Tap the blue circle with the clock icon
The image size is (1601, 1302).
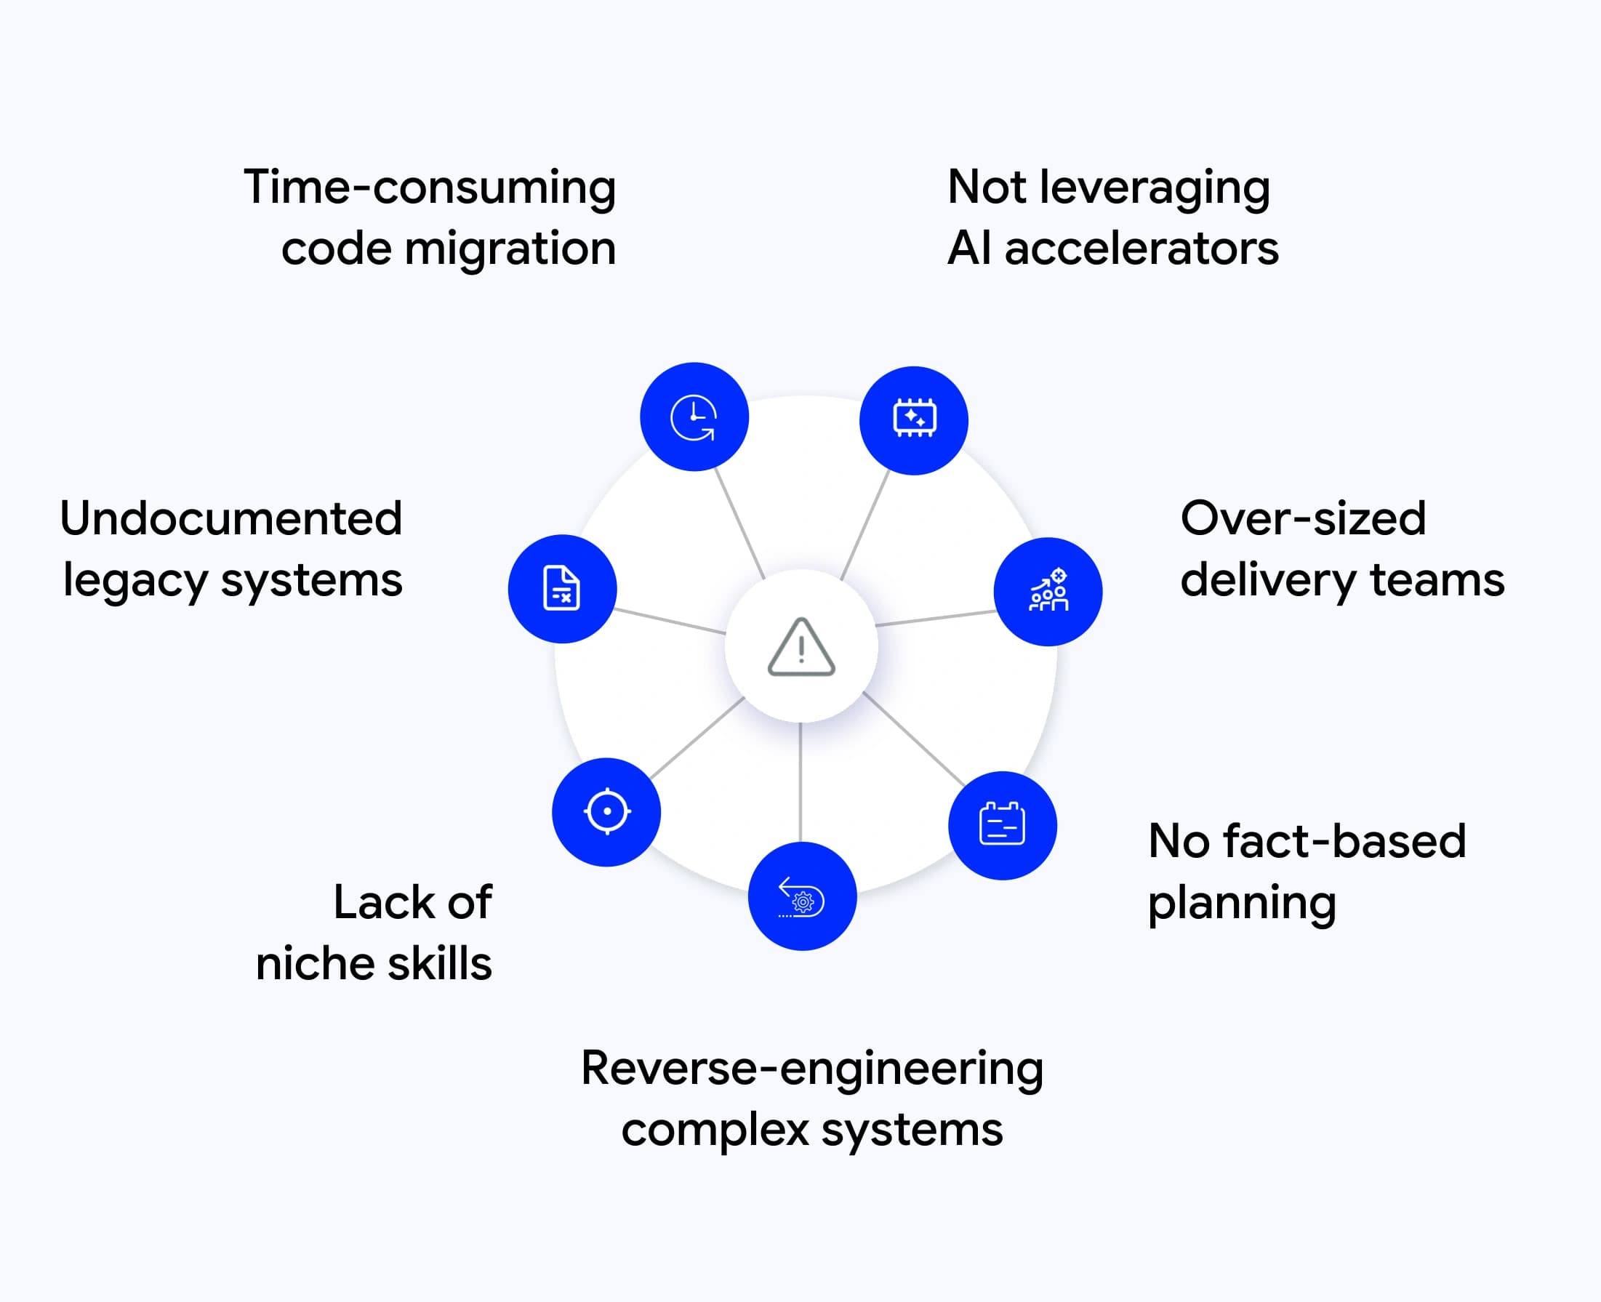(694, 417)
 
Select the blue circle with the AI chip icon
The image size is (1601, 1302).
(914, 420)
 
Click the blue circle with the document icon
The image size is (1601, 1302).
(562, 589)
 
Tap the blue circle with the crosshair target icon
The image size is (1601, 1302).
(606, 811)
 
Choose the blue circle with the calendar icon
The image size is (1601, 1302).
(1003, 825)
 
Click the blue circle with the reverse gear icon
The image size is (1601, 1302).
(802, 896)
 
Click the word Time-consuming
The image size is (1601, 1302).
(429, 188)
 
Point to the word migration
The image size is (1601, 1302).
(510, 249)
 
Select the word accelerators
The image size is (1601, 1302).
(1141, 249)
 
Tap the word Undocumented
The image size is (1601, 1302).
(231, 519)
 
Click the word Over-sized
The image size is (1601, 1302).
(1303, 519)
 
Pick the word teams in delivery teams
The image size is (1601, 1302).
(1437, 581)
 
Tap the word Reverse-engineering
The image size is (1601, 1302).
(811, 1069)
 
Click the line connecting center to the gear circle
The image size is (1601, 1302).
(800, 781)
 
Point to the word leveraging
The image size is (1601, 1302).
(1155, 188)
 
